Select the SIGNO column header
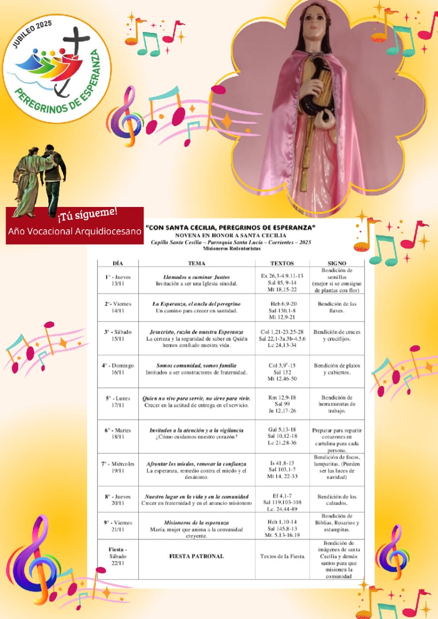(336, 263)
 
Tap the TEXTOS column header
(282, 263)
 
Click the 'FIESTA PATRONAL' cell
(196, 556)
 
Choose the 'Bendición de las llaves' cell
(337, 307)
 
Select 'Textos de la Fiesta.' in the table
(282, 556)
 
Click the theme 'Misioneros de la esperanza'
(196, 523)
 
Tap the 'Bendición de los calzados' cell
(337, 500)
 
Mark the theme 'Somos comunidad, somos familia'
(196, 366)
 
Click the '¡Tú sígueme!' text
(88, 213)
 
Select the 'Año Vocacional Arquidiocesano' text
(75, 231)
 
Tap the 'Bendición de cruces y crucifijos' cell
(337, 336)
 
